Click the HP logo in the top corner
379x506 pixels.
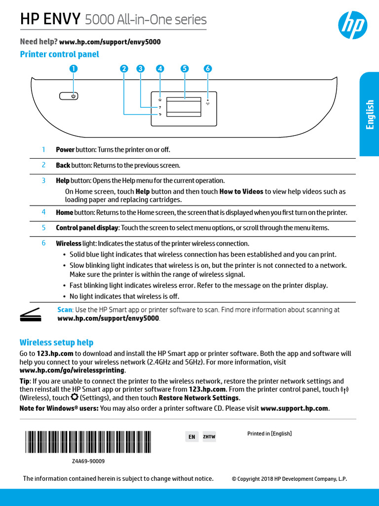352,25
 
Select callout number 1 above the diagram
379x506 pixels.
73,69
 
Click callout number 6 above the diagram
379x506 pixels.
208,69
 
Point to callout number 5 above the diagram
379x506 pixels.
185,69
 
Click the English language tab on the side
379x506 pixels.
370,114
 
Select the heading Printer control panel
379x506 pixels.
59,54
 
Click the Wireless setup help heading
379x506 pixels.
56,342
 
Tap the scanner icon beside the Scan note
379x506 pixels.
31,314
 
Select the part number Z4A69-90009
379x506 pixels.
88,461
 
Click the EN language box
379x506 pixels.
192,437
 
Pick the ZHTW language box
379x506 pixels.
209,437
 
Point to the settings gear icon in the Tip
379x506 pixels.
75,397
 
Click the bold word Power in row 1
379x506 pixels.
65,149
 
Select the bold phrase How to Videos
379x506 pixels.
241,191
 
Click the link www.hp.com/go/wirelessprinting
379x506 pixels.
72,370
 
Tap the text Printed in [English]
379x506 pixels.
269,433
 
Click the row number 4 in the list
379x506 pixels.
43,212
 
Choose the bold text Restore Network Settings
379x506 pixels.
199,398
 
